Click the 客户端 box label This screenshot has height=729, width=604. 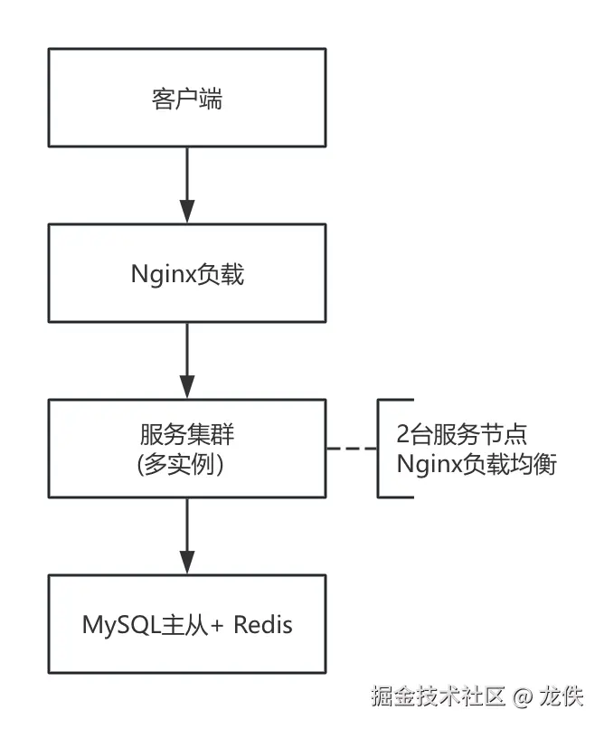186,99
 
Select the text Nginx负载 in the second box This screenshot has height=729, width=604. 187,274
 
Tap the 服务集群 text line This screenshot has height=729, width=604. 186,434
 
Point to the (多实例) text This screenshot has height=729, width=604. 186,465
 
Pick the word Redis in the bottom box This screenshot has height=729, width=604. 263,624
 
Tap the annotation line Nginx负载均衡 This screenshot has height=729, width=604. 477,465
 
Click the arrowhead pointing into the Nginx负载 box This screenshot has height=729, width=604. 187,210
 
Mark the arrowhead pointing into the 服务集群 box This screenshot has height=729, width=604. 187,385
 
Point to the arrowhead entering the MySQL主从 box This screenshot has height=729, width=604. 187,560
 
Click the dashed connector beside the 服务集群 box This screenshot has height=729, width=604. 351,449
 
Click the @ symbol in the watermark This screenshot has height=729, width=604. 523,698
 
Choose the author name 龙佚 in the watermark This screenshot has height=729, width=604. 562,697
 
